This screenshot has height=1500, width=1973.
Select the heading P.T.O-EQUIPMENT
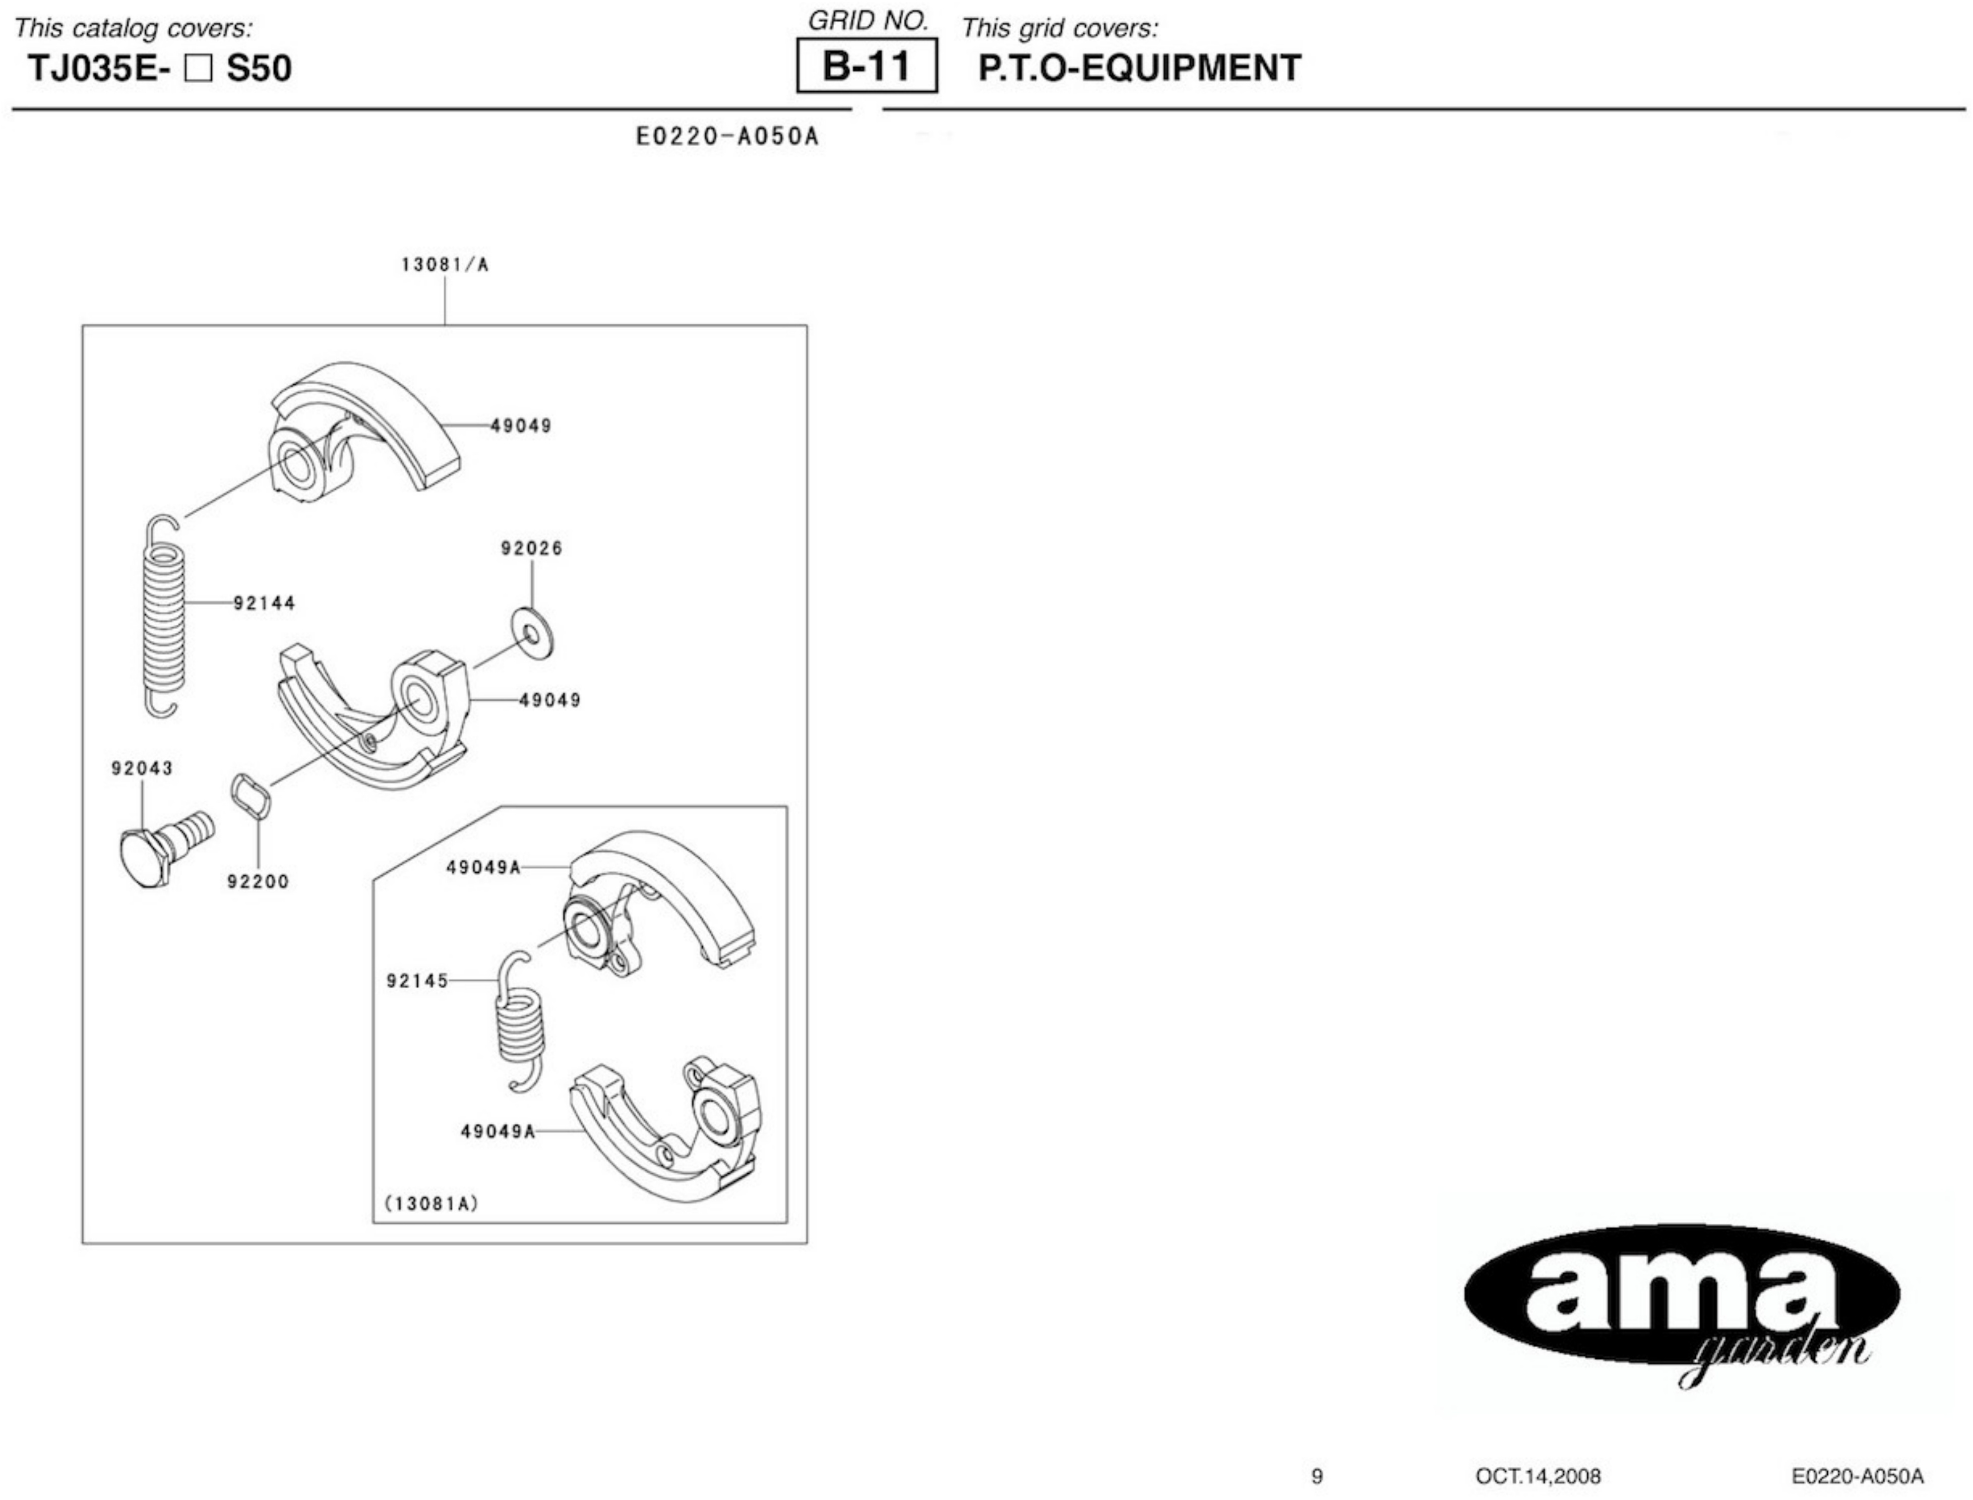tap(1139, 68)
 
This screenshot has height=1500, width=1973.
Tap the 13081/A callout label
tap(445, 265)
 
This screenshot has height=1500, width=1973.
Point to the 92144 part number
tap(264, 604)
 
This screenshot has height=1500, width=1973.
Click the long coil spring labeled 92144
tap(164, 616)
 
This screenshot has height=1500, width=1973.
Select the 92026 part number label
tap(532, 548)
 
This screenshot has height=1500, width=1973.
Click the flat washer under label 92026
tap(533, 634)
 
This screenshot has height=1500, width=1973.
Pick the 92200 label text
tap(258, 882)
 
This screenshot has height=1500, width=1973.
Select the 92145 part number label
tap(417, 981)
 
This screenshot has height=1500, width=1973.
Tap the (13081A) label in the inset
tap(431, 1204)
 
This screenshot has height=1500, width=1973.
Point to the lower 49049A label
tap(497, 1132)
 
